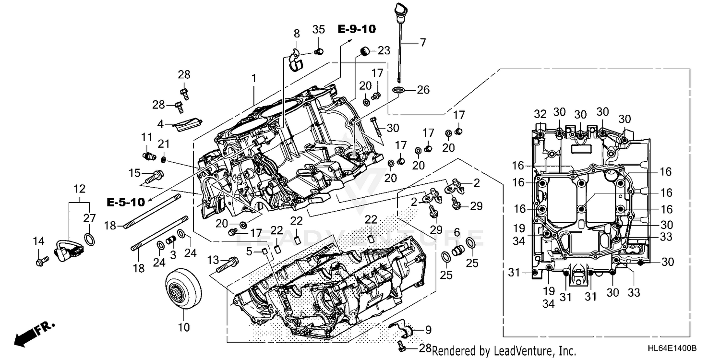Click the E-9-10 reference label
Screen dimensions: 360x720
pos(356,29)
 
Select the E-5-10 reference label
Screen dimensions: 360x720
pos(125,203)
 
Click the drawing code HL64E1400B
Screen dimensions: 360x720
pos(672,349)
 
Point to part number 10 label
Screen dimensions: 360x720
pos(184,328)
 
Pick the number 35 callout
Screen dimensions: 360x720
pos(319,29)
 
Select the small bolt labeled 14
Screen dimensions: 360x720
pos(40,261)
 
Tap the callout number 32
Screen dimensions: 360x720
pos(540,114)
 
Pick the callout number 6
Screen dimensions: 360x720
pos(456,232)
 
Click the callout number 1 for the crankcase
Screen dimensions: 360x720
pos(253,77)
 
